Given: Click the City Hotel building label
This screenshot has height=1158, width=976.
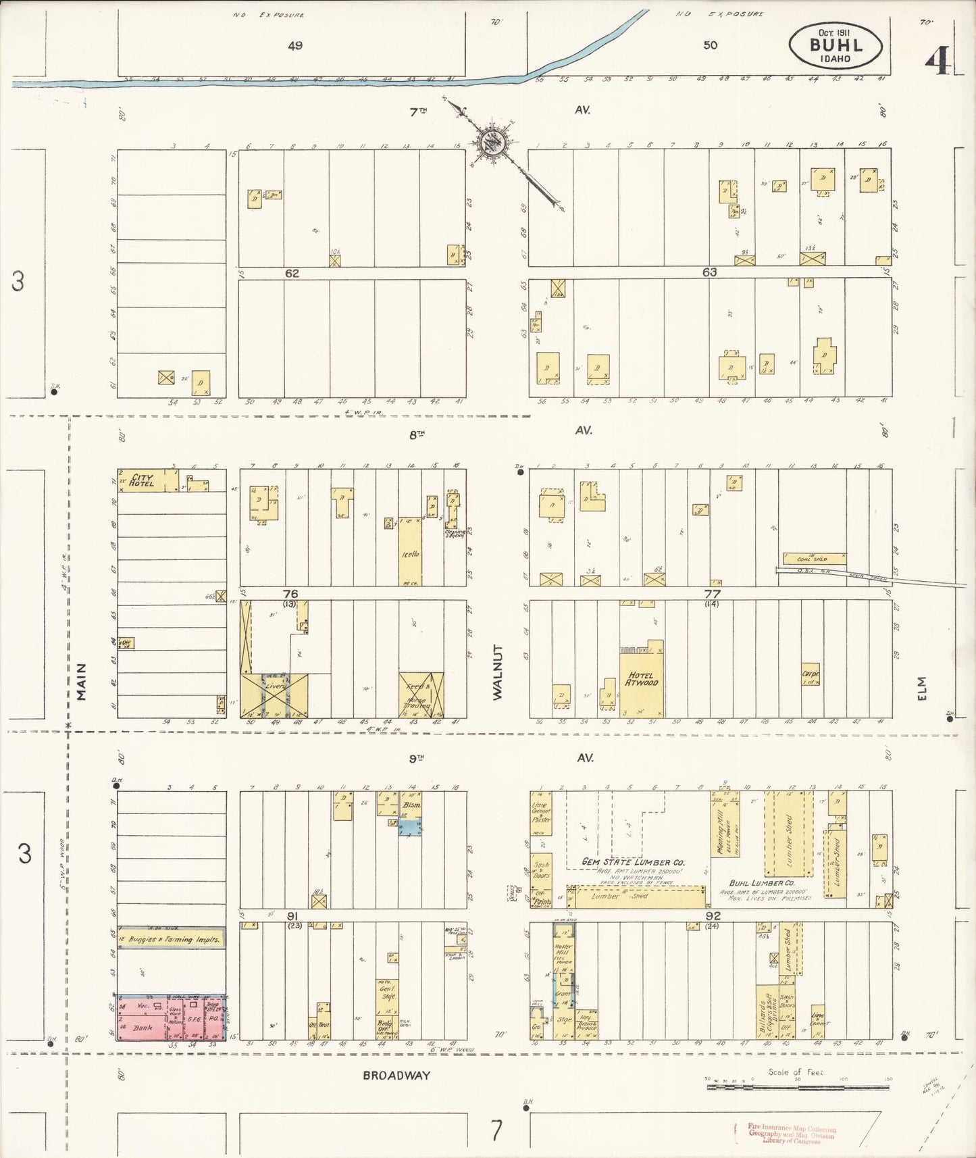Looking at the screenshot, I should click(x=143, y=480).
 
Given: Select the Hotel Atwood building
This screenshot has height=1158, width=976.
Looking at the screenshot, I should click(x=642, y=679).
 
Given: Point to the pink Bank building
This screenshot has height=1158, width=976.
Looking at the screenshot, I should click(x=143, y=1028).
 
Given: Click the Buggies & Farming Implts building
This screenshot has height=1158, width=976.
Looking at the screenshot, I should click(x=171, y=939).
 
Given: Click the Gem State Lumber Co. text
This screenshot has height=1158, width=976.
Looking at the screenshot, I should click(x=636, y=862).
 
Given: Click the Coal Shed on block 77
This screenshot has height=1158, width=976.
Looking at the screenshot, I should click(x=814, y=559).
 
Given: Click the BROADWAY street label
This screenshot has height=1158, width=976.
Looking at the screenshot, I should click(x=396, y=1076).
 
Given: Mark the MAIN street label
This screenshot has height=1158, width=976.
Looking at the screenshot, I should click(x=82, y=681).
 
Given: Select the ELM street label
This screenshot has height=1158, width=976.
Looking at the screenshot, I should click(x=923, y=688).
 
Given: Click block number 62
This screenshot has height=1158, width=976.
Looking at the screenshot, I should click(x=292, y=274).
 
